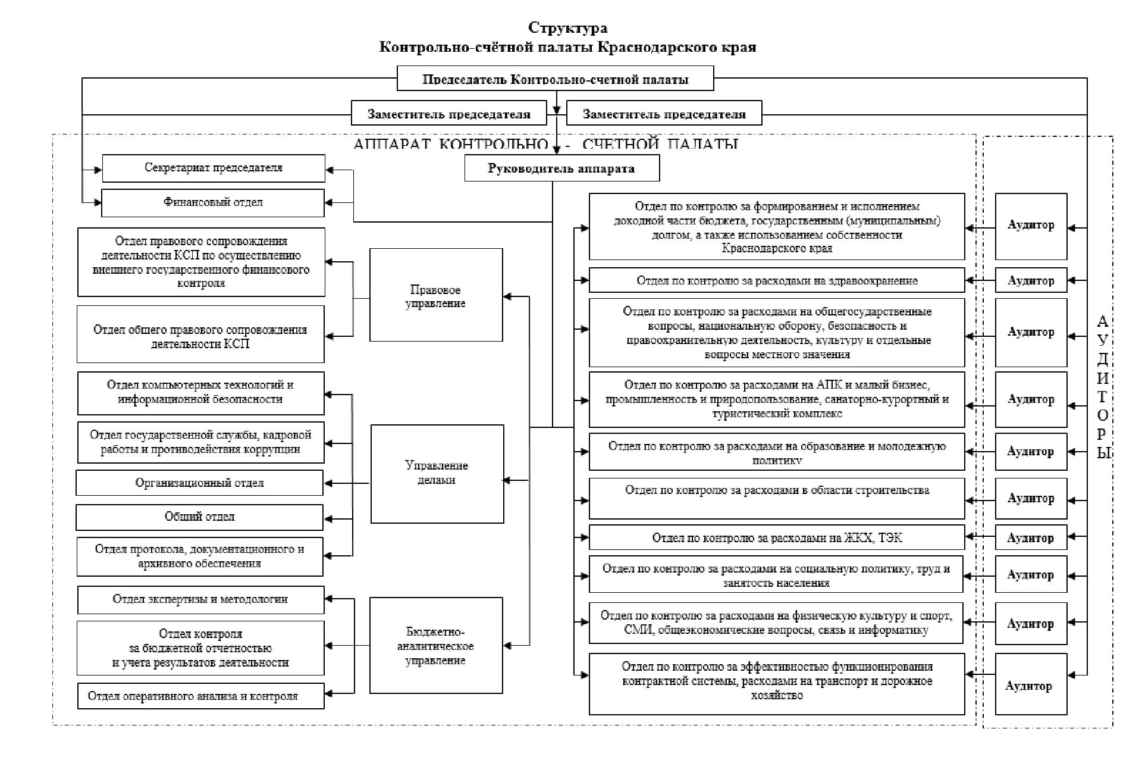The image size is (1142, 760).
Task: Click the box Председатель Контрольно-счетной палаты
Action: (x=555, y=79)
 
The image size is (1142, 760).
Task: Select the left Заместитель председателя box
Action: (x=448, y=114)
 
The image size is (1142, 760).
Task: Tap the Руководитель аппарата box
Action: (x=561, y=168)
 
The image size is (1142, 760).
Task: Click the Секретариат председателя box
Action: (x=214, y=168)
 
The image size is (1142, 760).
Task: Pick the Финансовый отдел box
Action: (x=213, y=202)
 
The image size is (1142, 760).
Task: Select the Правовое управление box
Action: (x=436, y=295)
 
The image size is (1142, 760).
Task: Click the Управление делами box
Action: (x=437, y=474)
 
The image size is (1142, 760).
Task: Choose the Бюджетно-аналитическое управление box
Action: (x=436, y=646)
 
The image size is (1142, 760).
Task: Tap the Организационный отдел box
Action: (x=200, y=483)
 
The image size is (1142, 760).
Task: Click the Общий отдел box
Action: (x=200, y=517)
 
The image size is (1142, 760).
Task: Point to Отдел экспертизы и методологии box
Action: (x=200, y=600)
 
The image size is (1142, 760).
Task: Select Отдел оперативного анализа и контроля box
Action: (x=200, y=696)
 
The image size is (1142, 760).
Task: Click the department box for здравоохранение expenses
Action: (x=776, y=280)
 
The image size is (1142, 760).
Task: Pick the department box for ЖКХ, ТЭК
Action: (x=776, y=537)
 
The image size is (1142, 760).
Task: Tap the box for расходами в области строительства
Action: (x=776, y=498)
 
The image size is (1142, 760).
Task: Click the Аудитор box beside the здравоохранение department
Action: (x=1031, y=280)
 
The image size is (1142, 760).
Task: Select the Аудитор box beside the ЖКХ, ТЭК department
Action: (x=1031, y=537)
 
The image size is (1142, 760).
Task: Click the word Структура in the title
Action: (x=568, y=28)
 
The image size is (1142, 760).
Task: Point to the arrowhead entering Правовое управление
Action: (x=507, y=296)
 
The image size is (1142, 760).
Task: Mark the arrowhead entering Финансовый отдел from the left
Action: (x=98, y=203)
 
